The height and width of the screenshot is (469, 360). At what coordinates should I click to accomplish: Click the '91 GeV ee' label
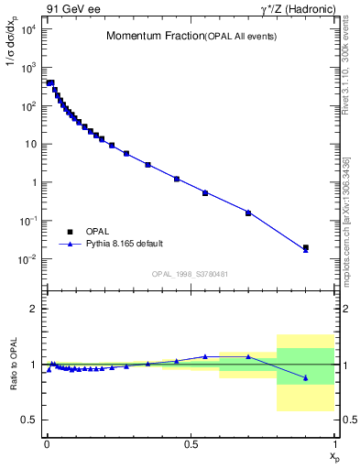pyautogui.click(x=69, y=8)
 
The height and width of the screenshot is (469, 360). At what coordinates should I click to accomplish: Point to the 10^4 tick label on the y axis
pyautogui.click(x=28, y=29)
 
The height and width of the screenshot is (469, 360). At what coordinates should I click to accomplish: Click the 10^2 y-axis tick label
pyautogui.click(x=28, y=106)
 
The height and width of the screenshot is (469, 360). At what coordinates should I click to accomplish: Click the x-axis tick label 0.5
pyautogui.click(x=191, y=443)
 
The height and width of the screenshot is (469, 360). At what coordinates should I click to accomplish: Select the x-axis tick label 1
pyautogui.click(x=334, y=443)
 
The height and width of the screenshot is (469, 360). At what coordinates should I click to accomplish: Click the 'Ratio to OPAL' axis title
pyautogui.click(x=12, y=365)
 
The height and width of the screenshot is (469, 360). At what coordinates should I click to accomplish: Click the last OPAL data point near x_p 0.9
pyautogui.click(x=305, y=247)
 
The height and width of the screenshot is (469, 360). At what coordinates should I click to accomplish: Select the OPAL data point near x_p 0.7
pyautogui.click(x=248, y=213)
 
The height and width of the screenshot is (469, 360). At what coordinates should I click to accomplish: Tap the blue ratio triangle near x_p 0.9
pyautogui.click(x=305, y=378)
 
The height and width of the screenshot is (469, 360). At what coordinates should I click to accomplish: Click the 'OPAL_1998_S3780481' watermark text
pyautogui.click(x=190, y=274)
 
